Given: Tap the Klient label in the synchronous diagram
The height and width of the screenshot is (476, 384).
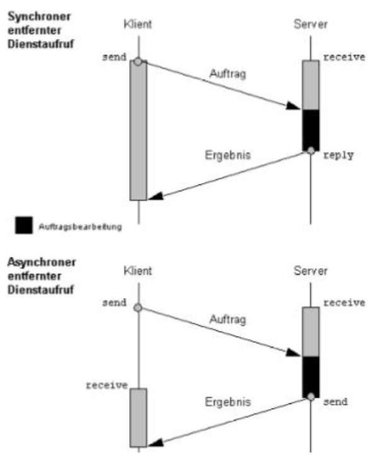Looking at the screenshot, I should [x=138, y=25].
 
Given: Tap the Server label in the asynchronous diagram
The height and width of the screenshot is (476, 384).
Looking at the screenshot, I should [x=310, y=271].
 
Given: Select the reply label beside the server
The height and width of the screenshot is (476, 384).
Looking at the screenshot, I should [x=338, y=155].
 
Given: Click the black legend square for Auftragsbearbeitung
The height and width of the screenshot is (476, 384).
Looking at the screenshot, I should [x=24, y=223].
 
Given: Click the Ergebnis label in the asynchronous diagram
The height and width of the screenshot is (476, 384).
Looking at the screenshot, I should [x=228, y=402].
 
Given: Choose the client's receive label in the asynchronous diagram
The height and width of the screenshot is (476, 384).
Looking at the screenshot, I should [x=108, y=384].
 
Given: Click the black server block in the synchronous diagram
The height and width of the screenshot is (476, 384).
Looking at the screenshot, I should [x=310, y=129].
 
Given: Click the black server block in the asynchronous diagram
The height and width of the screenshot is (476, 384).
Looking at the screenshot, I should [x=310, y=376].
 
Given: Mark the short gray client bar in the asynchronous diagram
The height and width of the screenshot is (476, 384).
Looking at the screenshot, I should [x=138, y=417].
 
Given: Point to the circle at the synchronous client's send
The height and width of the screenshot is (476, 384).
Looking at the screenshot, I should [x=138, y=61].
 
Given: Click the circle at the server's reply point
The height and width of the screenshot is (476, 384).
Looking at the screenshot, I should [x=310, y=150].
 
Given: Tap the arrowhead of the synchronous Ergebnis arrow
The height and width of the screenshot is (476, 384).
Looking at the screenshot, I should [x=154, y=196].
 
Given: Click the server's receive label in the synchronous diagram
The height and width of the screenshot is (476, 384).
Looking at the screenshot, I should [x=344, y=57].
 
